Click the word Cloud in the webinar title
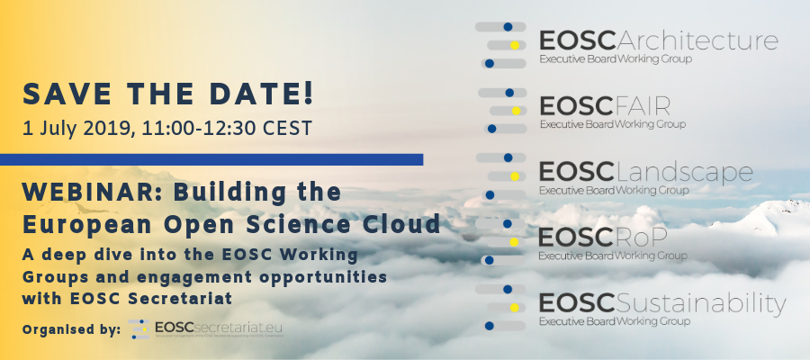[396, 222]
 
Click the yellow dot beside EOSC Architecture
[514, 45]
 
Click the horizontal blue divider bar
[211, 159]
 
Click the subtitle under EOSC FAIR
[612, 124]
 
